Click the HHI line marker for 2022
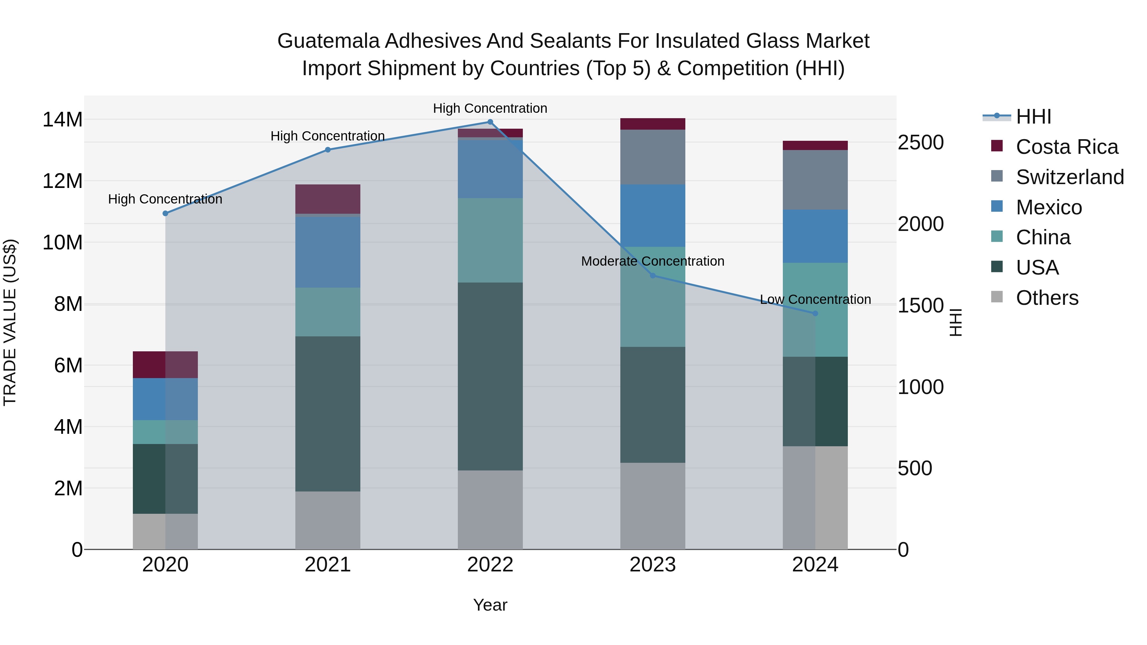click(x=490, y=122)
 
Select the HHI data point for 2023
click(x=653, y=276)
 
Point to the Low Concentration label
click(x=815, y=300)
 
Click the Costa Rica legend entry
click(x=1067, y=147)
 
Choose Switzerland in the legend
click(x=1070, y=177)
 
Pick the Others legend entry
click(x=1047, y=298)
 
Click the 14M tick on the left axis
click(x=62, y=120)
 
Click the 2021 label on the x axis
click(x=328, y=565)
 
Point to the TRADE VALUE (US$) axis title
click(x=10, y=322)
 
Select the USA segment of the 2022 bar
click(x=490, y=376)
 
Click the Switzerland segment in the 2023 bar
click(x=653, y=157)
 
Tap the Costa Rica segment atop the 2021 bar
click(x=328, y=199)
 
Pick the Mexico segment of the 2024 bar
click(x=815, y=236)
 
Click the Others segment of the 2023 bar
click(x=653, y=506)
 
